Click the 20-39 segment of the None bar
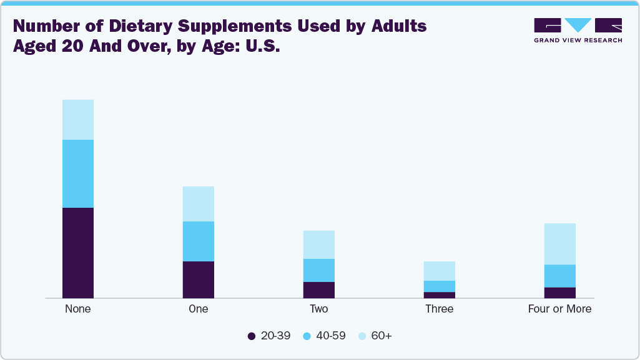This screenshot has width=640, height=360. point(78,253)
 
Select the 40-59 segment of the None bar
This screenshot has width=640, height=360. point(78,173)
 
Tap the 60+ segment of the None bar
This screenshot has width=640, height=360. point(78,120)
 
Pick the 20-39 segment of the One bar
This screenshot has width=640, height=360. point(199,280)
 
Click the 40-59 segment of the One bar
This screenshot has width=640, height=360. point(199,241)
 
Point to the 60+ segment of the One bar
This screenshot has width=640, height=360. point(199,204)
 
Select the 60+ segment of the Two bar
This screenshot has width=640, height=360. point(319,245)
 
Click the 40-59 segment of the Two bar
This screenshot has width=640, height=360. point(319,270)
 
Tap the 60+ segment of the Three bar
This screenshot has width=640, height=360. point(440,271)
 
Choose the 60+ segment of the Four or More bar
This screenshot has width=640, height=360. point(560,244)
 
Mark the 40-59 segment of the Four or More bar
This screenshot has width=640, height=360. point(560,276)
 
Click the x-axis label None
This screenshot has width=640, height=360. point(78,309)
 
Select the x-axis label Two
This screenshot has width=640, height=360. point(319,309)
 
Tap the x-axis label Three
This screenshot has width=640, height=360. point(440,309)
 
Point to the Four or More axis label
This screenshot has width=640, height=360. point(560,309)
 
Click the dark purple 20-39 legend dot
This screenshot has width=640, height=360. point(252,336)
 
